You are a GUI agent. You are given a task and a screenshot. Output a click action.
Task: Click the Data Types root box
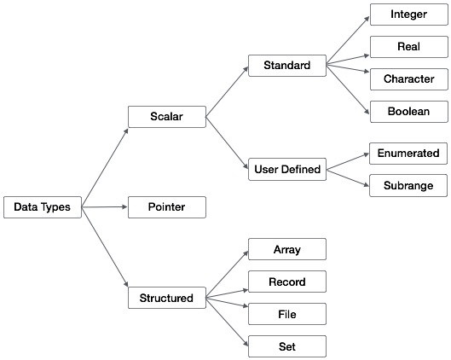(x=43, y=206)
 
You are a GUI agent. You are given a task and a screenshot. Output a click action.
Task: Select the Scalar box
(x=166, y=116)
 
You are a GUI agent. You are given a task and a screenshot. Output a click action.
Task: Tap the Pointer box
(x=166, y=206)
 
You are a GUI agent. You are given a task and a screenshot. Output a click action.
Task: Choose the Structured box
(x=166, y=298)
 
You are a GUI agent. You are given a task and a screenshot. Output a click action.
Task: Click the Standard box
(x=286, y=65)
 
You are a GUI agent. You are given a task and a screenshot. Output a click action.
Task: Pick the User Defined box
(x=287, y=169)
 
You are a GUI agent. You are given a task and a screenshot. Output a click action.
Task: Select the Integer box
(x=408, y=15)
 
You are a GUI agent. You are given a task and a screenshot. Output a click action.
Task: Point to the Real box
(x=408, y=47)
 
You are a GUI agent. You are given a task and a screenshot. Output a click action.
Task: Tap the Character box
(x=408, y=79)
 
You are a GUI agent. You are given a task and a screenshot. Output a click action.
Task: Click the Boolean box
(x=408, y=111)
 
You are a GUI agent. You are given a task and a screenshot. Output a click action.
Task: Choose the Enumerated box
(x=408, y=154)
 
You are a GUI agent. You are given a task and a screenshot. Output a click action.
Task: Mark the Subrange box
(x=408, y=185)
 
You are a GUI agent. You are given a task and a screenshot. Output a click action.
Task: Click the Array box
(x=286, y=249)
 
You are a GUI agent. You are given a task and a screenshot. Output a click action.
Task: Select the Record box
(x=286, y=282)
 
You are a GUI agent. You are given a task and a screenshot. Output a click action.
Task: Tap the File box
(x=286, y=313)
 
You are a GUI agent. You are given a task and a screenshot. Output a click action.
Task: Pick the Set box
(x=286, y=345)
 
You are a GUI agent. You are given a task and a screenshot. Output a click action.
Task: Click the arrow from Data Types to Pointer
(x=105, y=206)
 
